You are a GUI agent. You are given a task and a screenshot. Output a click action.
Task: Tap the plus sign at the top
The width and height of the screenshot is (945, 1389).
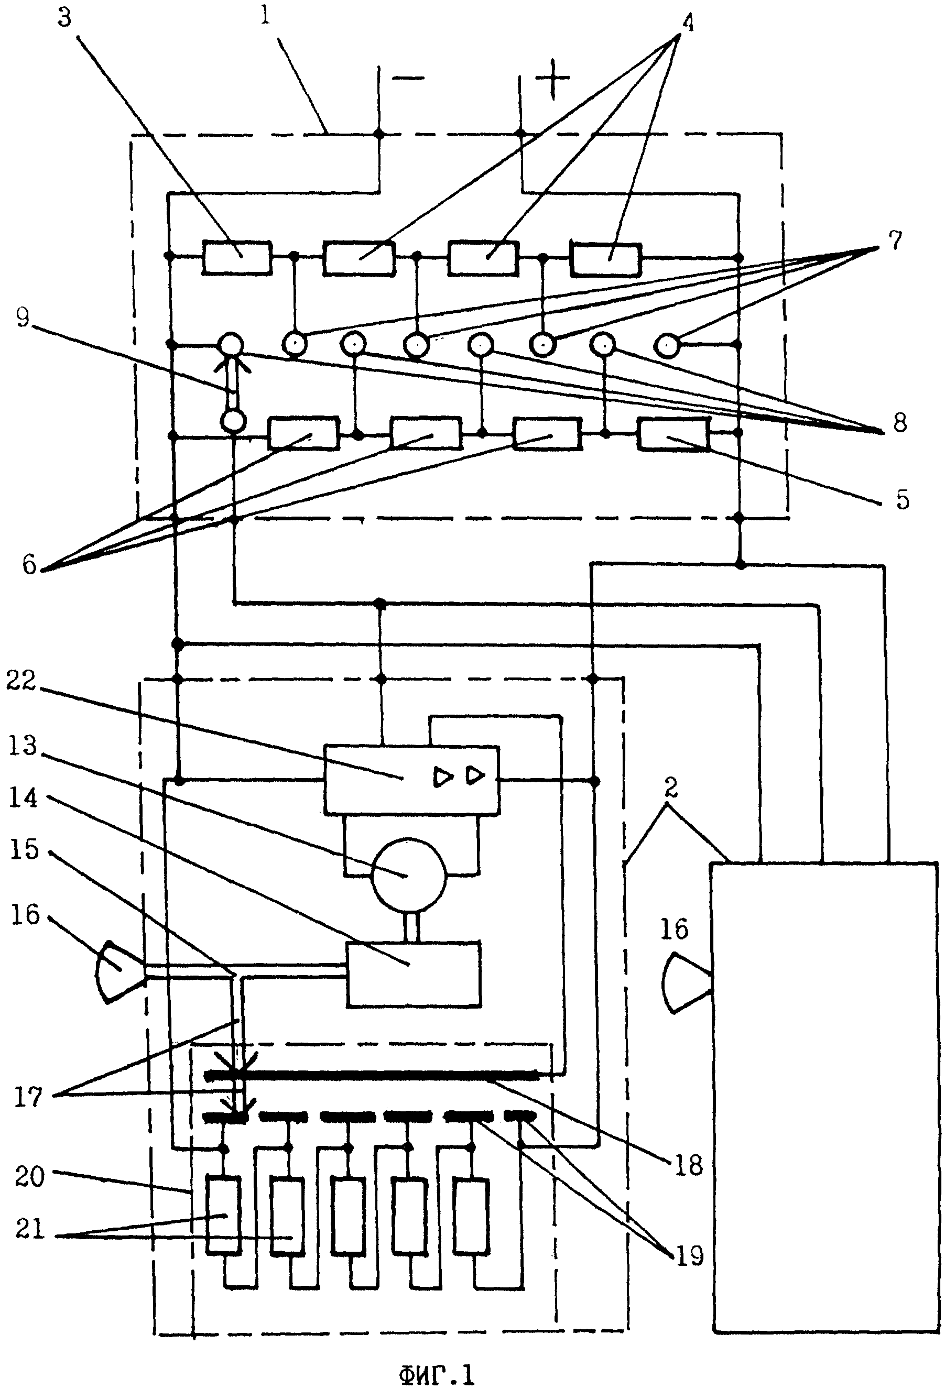pos(552,78)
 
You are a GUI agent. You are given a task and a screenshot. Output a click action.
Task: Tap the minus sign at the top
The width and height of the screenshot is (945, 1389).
pos(409,78)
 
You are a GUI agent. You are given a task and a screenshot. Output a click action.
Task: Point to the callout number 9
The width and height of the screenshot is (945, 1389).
pos(22,318)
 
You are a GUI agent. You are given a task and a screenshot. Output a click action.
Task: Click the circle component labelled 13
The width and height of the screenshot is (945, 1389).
pos(409,877)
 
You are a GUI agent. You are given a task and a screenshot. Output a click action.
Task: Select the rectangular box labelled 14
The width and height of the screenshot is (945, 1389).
pos(414,974)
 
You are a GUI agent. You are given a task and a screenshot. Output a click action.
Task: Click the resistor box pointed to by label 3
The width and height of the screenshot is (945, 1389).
pos(237,258)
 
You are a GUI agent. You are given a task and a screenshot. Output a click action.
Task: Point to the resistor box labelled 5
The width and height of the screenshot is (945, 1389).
pos(673,434)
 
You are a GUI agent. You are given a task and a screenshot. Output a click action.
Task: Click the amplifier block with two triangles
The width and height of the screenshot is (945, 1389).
pos(411,779)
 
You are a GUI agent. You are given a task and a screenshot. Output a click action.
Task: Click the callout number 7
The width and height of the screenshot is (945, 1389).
pos(895,241)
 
